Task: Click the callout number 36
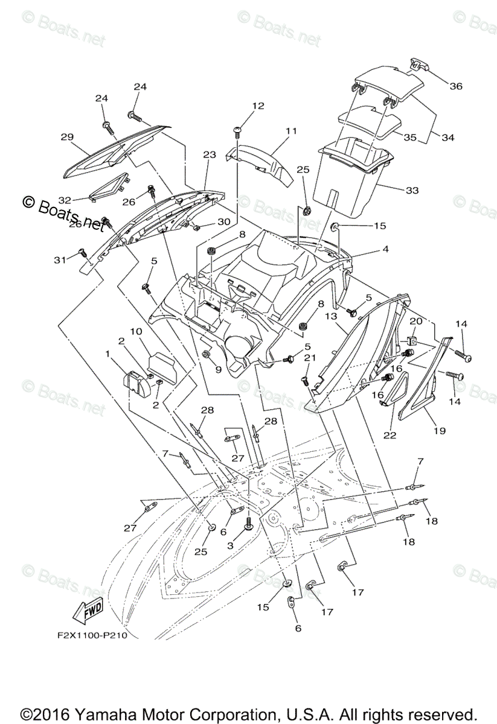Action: [x=455, y=86]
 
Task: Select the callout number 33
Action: [x=412, y=190]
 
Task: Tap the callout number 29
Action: [x=66, y=137]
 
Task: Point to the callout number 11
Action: [x=292, y=131]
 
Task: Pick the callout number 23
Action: [x=209, y=155]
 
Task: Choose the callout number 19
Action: [x=439, y=431]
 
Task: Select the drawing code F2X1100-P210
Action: [x=88, y=635]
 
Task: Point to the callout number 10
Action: [x=136, y=332]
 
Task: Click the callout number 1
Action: [x=108, y=353]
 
